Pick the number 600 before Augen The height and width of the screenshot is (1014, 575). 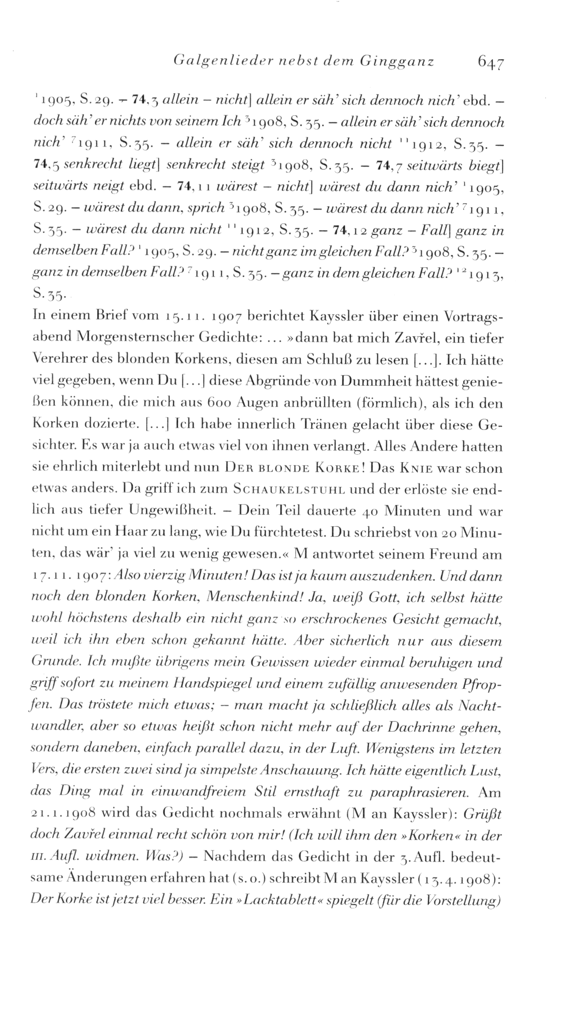click(x=219, y=403)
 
